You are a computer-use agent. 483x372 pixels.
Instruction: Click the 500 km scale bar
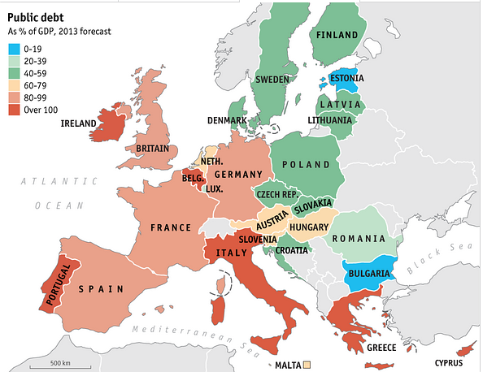pyautogui.click(x=58, y=360)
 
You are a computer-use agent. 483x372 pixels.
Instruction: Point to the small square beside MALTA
pyautogui.click(x=307, y=366)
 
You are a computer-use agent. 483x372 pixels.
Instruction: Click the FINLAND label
pyautogui.click(x=336, y=36)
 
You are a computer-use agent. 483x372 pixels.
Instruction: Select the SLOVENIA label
pyautogui.click(x=259, y=238)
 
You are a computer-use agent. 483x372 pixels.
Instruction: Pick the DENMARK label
pyautogui.click(x=227, y=120)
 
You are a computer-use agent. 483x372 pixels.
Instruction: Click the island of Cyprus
pyautogui.click(x=465, y=350)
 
